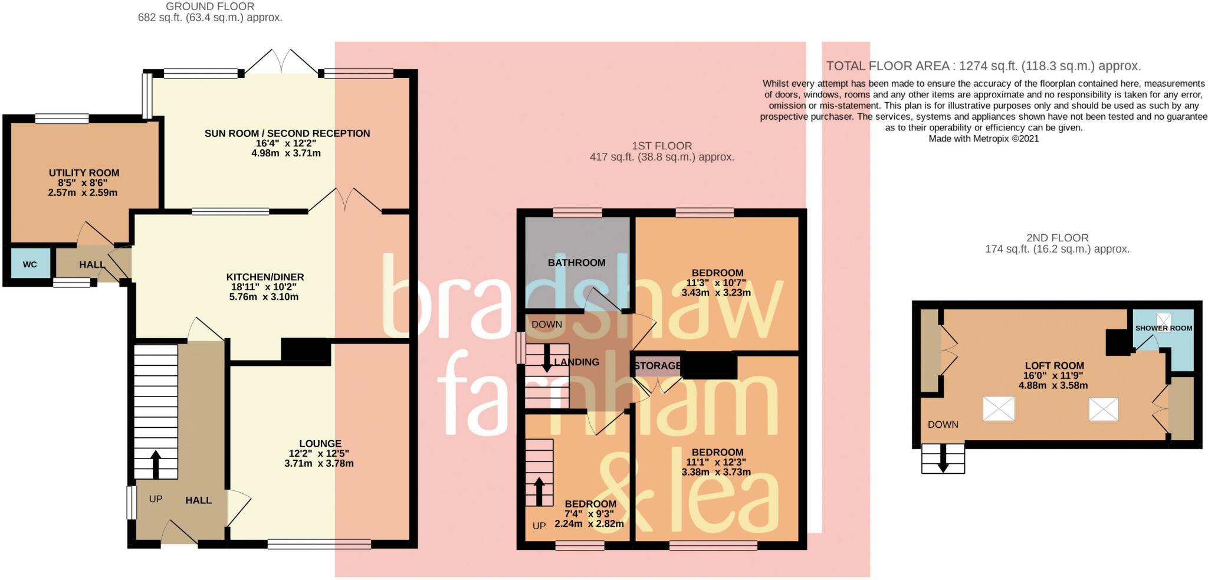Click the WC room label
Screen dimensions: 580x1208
click(x=29, y=264)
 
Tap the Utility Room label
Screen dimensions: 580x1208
click(x=84, y=173)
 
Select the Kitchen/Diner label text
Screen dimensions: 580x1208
click(x=265, y=277)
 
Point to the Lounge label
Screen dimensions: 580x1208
click(x=320, y=444)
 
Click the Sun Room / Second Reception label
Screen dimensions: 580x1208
click(x=287, y=133)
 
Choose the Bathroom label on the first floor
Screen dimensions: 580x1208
click(x=576, y=263)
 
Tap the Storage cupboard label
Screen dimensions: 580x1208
click(x=657, y=366)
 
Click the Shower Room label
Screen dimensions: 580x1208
click(x=1163, y=328)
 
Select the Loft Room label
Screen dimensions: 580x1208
click(x=1054, y=365)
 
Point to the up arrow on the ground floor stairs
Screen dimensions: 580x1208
click(x=156, y=464)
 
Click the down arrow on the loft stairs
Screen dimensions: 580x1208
click(x=943, y=459)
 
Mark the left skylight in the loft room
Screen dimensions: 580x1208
click(x=999, y=408)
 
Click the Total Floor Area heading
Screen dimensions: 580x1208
click(x=983, y=66)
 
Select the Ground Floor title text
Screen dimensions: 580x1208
click(x=210, y=6)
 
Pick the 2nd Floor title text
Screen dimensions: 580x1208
click(x=1057, y=238)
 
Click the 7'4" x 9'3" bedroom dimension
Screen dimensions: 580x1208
click(x=590, y=514)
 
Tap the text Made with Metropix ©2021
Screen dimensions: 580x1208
click(x=983, y=139)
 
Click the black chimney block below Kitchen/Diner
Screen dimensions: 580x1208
click(x=305, y=349)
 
